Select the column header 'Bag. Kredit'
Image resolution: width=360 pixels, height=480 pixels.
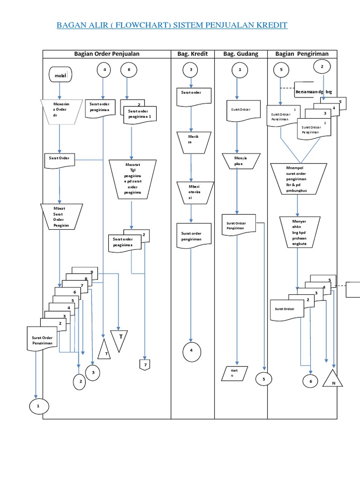click(x=192, y=54)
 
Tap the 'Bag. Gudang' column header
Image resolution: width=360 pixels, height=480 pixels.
click(x=240, y=54)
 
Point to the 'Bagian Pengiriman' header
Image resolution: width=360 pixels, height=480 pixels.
click(x=302, y=54)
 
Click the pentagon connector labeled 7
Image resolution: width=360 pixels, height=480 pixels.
click(x=145, y=365)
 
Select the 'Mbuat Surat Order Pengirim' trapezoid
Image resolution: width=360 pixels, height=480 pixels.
click(x=61, y=216)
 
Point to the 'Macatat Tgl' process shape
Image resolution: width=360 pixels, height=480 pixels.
click(x=132, y=179)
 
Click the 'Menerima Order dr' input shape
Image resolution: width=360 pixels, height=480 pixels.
click(x=59, y=112)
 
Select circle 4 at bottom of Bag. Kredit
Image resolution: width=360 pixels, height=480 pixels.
click(x=191, y=351)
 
